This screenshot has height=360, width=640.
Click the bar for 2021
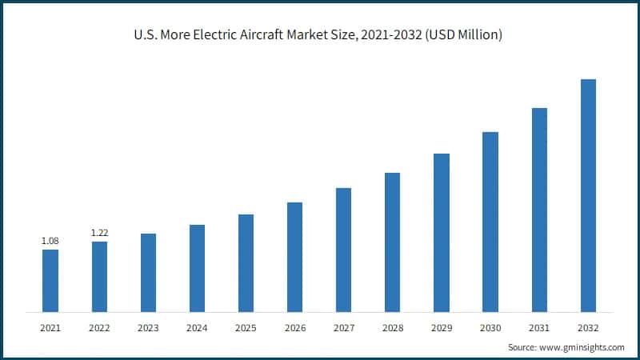[50, 280]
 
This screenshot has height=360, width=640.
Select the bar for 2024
[197, 268]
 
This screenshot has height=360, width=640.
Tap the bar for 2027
[343, 250]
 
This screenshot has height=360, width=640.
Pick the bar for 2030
[490, 222]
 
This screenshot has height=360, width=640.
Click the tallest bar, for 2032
[588, 195]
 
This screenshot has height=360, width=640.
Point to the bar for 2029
[442, 232]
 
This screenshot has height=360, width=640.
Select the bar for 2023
[148, 272]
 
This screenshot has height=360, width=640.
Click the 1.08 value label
[50, 241]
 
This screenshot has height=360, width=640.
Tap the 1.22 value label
[99, 233]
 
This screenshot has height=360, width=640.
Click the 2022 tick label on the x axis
[99, 328]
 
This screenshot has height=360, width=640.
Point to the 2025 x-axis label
[246, 328]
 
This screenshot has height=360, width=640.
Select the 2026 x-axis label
[294, 328]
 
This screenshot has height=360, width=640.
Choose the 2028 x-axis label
[392, 328]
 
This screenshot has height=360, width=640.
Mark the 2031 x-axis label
[539, 328]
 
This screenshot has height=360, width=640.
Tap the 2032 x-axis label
[588, 328]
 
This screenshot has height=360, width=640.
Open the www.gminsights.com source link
[582, 347]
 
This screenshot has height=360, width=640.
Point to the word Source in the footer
[522, 347]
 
